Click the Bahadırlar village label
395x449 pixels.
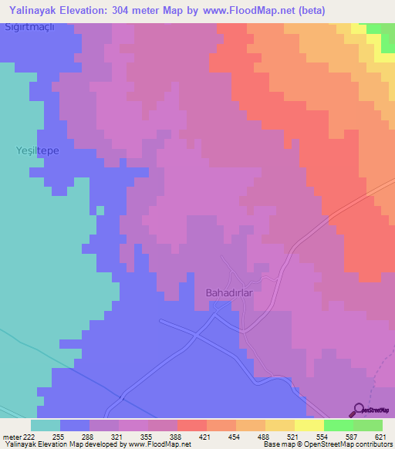pyautogui.click(x=229, y=293)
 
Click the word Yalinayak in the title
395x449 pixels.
pyautogui.click(x=36, y=10)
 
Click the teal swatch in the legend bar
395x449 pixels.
pyautogui.click(x=46, y=425)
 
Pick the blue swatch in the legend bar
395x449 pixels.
pyautogui.click(x=75, y=425)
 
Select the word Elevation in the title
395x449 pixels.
pyautogui.click(x=91, y=10)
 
